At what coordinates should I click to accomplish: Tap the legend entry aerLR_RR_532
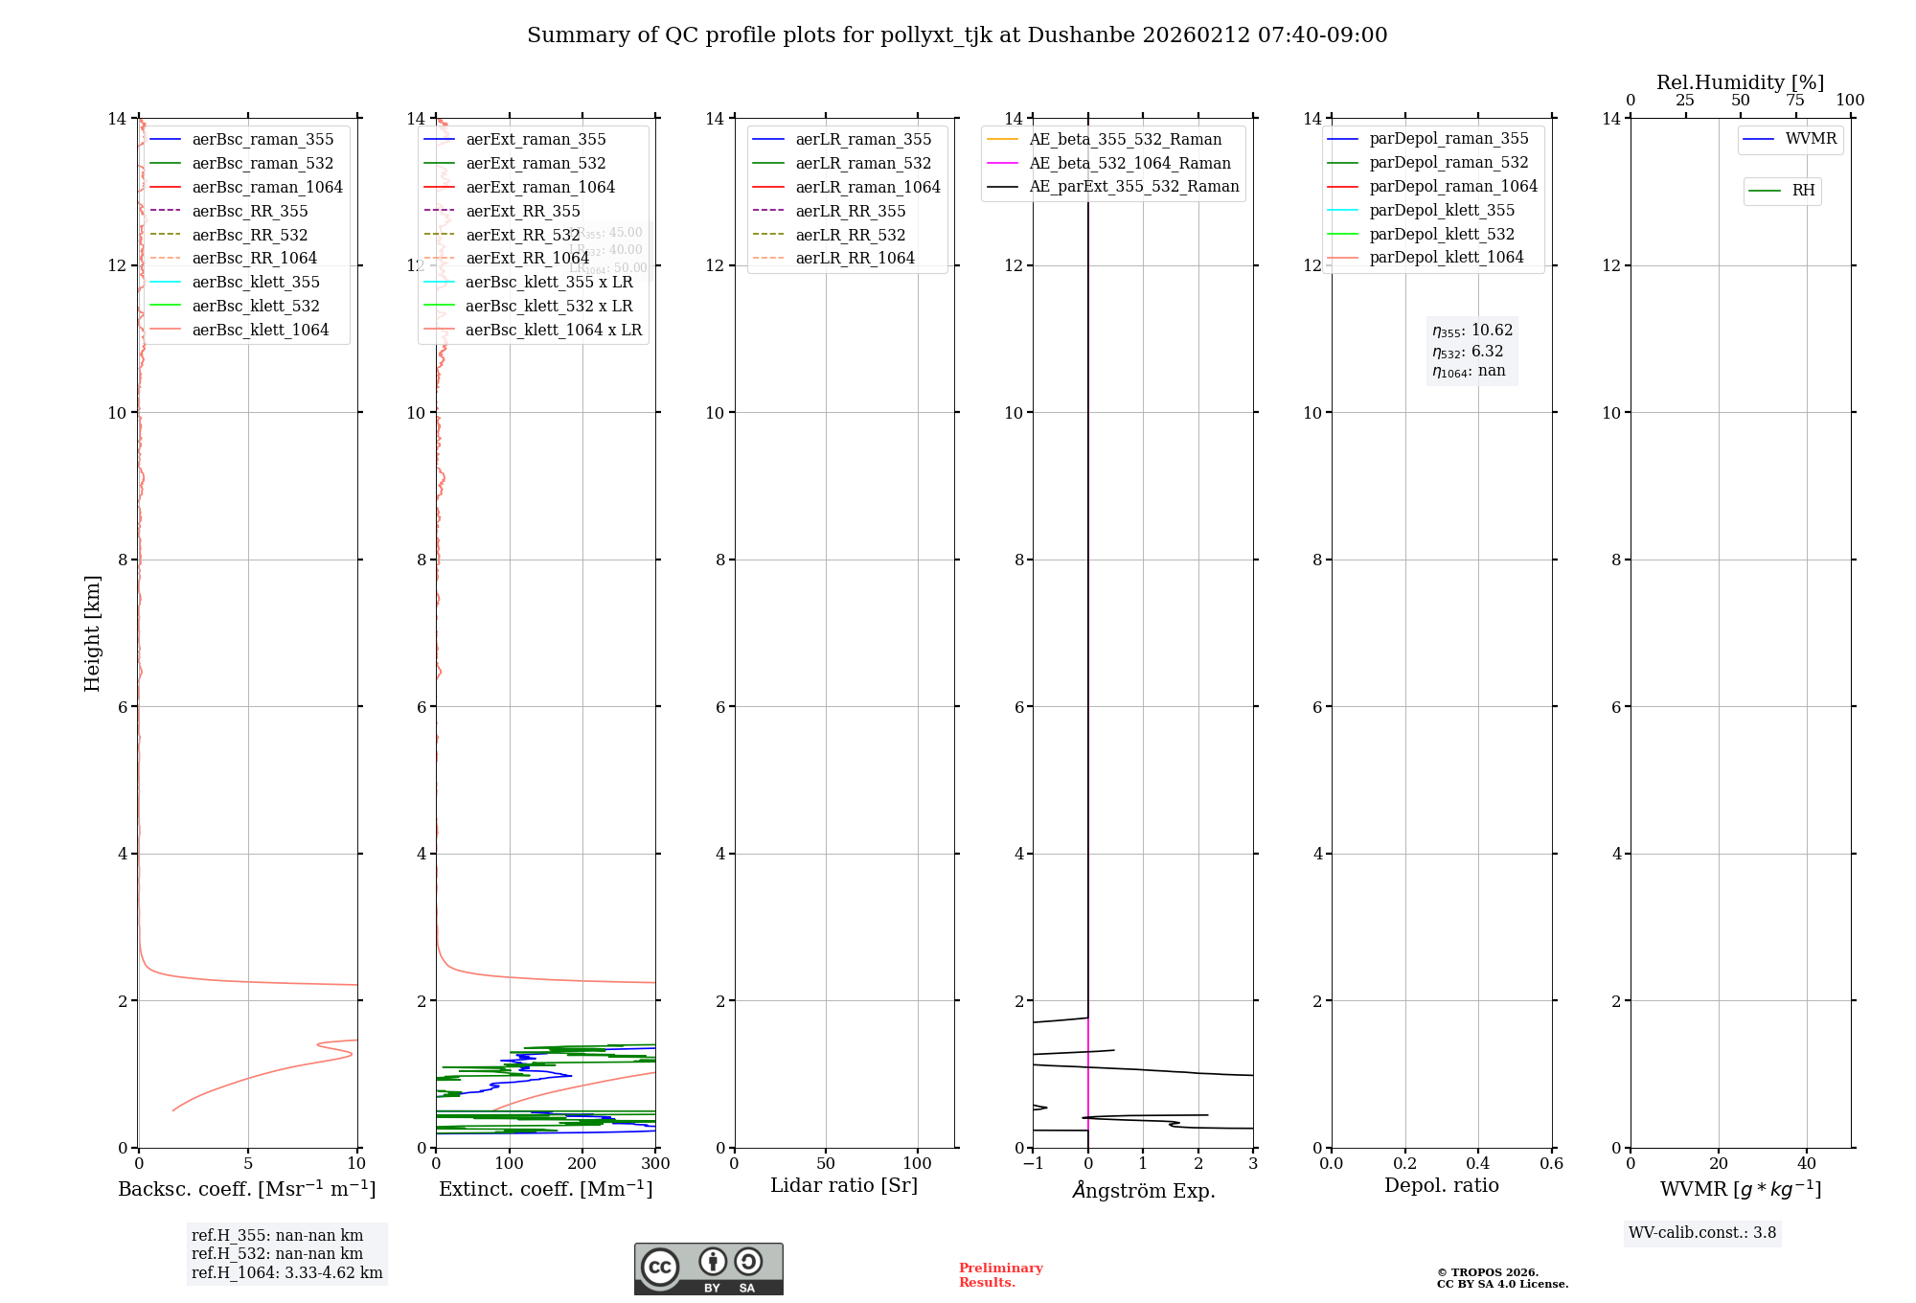point(850,235)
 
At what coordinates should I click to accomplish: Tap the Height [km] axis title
point(92,632)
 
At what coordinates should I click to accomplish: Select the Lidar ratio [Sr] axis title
point(844,1185)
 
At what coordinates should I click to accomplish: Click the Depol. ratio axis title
point(1441,1185)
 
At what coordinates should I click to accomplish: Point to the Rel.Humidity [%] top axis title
point(1740,82)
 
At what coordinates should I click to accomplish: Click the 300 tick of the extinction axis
point(655,1163)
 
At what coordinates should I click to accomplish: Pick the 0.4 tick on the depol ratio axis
point(1478,1163)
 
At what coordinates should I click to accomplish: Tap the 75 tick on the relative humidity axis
point(1795,101)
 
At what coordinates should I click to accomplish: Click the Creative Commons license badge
point(708,1269)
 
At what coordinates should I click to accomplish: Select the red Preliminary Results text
point(1000,1275)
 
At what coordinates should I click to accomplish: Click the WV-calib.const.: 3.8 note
point(1701,1233)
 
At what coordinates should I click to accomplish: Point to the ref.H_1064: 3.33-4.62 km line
point(286,1273)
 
